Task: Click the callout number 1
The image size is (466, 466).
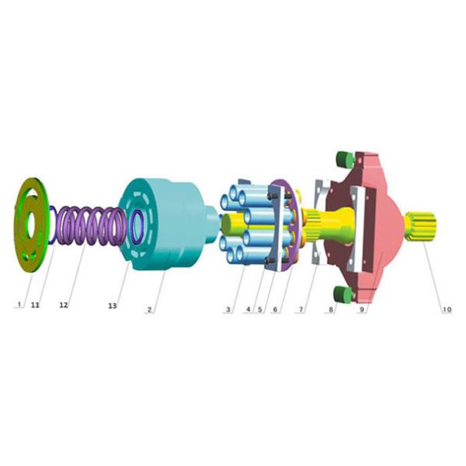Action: click(17, 305)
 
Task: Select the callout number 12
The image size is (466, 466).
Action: click(64, 305)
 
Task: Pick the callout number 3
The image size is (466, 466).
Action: click(228, 309)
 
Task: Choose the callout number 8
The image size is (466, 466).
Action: click(331, 309)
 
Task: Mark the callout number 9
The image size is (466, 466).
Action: click(361, 309)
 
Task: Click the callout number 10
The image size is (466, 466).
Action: click(446, 309)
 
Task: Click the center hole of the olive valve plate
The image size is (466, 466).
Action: click(31, 225)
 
